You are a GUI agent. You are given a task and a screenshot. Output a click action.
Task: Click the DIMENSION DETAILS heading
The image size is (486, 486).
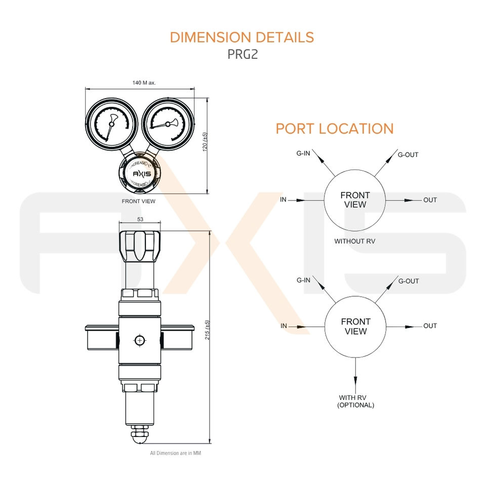[x=242, y=37]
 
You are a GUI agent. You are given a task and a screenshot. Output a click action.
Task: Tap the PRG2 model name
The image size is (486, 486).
[x=242, y=54]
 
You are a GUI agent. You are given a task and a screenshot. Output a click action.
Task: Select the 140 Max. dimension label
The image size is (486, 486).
[x=144, y=83]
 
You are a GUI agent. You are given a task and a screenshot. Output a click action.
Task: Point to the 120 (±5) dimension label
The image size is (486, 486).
[x=205, y=142]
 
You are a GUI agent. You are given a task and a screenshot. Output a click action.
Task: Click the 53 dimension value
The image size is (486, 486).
[x=140, y=219]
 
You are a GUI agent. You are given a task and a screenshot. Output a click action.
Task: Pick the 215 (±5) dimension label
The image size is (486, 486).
[x=208, y=330]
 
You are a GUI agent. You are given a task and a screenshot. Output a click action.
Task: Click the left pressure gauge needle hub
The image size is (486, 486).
[x=111, y=124]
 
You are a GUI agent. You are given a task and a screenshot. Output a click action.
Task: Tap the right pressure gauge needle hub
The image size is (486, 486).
[x=168, y=124]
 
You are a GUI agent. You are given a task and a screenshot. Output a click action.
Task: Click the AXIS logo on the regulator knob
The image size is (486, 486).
[x=142, y=174]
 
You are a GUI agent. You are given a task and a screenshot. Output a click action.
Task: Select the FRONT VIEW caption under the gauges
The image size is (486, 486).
[x=139, y=201]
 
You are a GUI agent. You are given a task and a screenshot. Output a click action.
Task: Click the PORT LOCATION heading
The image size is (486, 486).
[x=335, y=129]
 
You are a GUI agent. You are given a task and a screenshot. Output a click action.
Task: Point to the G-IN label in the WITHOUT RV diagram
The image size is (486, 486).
[x=303, y=153]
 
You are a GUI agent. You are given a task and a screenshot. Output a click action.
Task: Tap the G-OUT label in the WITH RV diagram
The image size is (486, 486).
[x=409, y=281]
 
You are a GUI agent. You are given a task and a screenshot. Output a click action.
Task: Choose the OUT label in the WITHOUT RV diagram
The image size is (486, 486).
[x=430, y=200]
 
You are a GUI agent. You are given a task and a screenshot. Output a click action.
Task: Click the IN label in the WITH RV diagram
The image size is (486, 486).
[x=284, y=326]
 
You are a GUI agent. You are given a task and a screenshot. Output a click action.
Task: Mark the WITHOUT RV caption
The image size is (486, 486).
[x=355, y=241]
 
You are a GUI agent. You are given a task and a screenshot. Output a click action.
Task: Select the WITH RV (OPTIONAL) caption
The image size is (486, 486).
[x=355, y=401]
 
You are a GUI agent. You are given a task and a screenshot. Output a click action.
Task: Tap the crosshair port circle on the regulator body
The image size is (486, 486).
[x=140, y=341]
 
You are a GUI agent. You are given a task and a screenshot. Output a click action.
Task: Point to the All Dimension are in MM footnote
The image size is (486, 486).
[x=176, y=453]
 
